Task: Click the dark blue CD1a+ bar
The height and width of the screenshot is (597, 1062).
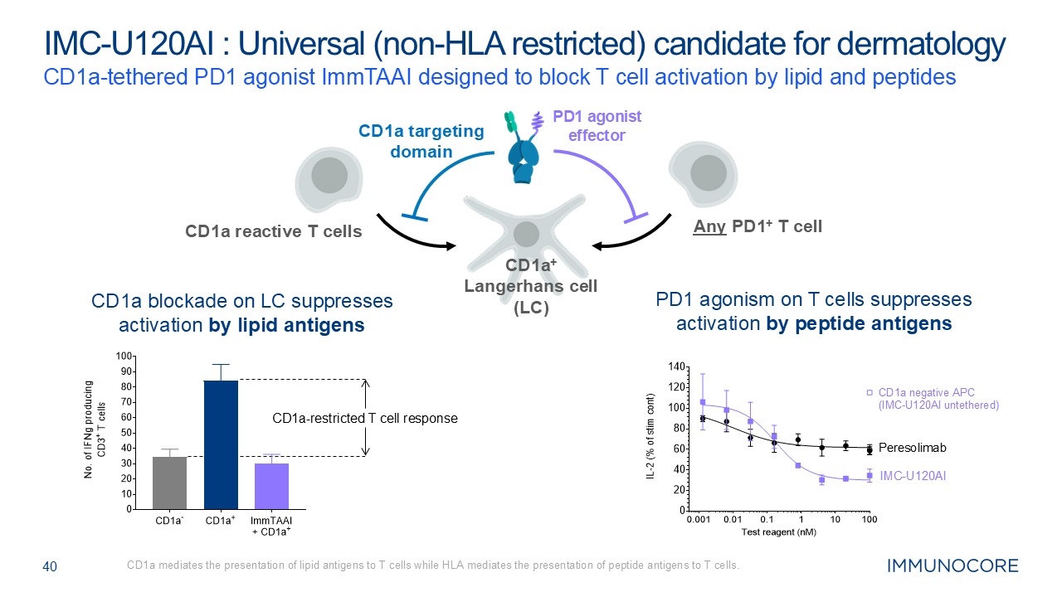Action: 221,444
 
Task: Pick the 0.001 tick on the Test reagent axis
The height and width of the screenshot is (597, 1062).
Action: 698,519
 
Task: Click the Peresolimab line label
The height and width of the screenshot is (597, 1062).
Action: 913,448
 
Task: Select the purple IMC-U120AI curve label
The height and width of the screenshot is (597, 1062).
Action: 913,476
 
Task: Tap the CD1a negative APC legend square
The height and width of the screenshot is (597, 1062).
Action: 870,392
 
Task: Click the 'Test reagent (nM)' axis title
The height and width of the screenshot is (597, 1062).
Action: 778,531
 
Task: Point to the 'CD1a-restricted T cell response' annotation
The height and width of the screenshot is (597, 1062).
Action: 365,419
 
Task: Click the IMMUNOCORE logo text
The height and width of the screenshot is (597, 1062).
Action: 952,566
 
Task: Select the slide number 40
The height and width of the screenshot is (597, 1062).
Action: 50,567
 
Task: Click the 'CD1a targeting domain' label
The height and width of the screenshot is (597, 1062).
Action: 421,141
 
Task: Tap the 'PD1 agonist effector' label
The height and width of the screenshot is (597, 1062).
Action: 597,125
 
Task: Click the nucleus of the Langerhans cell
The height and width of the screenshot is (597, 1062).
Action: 525,235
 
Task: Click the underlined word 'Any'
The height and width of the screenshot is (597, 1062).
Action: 710,225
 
